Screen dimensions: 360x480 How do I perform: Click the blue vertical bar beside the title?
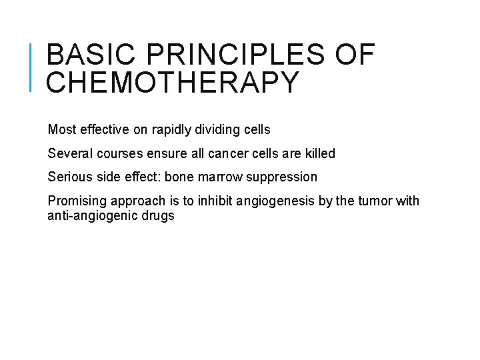(32, 67)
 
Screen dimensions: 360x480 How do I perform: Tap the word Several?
(69, 154)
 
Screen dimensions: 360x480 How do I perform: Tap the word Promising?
(75, 201)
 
